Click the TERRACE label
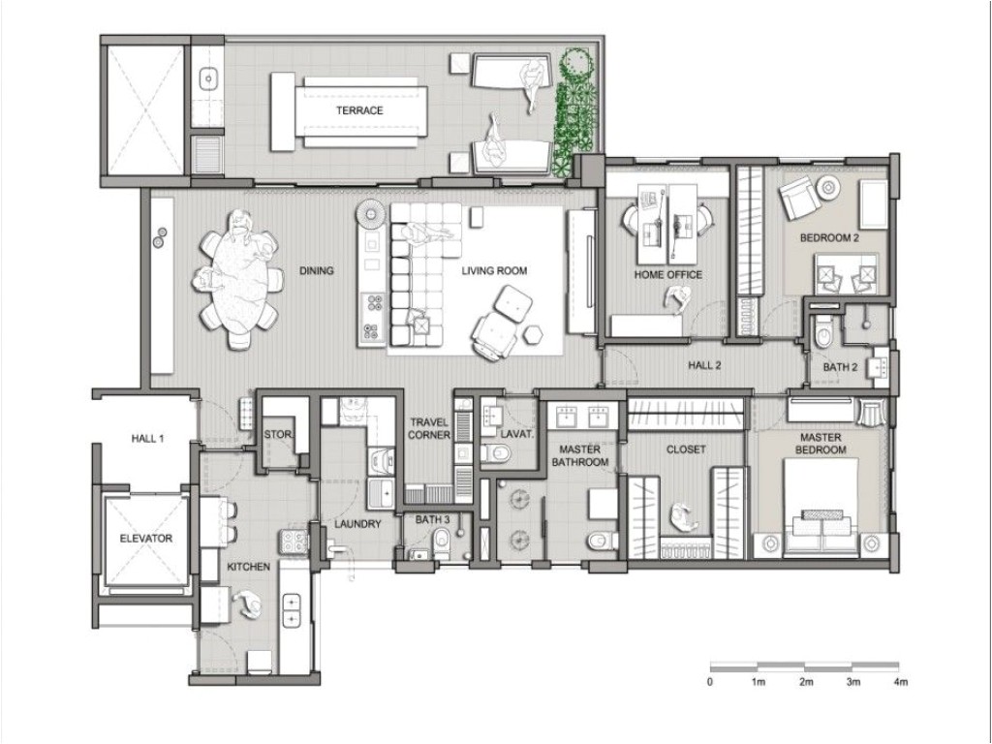tap(359, 110)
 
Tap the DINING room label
tap(317, 271)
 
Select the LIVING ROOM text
tap(494, 271)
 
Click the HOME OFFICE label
tap(668, 275)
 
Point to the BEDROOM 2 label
tap(829, 237)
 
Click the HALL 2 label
tap(705, 366)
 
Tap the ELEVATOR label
tap(145, 539)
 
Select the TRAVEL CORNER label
tap(429, 429)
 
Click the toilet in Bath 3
tap(442, 540)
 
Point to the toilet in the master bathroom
tap(601, 539)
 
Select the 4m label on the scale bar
tap(900, 683)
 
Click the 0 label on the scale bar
tap(710, 683)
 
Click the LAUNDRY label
tap(356, 524)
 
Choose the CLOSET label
tap(686, 449)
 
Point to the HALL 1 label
tap(147, 439)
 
